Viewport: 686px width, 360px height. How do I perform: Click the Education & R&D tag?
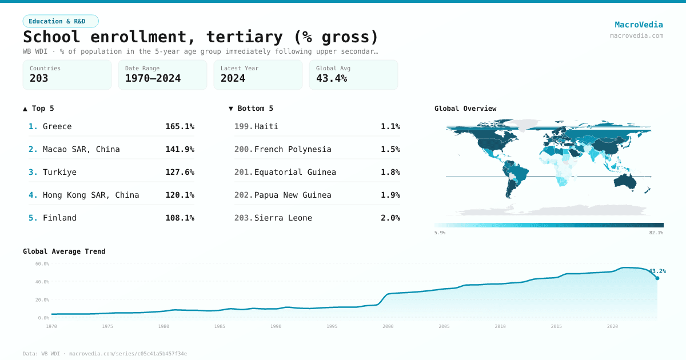pyautogui.click(x=61, y=21)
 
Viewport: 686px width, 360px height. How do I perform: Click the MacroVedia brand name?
pyautogui.click(x=639, y=25)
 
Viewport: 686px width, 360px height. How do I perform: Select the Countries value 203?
pyautogui.click(x=39, y=79)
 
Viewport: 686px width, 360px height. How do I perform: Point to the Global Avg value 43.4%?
pyautogui.click(x=332, y=79)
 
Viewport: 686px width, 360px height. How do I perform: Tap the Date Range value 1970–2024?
pyautogui.click(x=153, y=79)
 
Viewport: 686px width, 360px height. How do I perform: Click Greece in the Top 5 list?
pyautogui.click(x=57, y=126)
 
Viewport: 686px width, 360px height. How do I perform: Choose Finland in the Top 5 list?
pyautogui.click(x=59, y=218)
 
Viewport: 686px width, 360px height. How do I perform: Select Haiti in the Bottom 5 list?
pyautogui.click(x=266, y=126)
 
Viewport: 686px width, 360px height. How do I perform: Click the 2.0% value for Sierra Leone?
pyautogui.click(x=390, y=218)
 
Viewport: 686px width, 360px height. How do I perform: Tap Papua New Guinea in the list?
pyautogui.click(x=293, y=195)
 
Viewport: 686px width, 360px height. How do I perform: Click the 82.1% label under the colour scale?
pyautogui.click(x=656, y=233)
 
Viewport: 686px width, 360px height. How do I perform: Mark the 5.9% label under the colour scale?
pyautogui.click(x=440, y=233)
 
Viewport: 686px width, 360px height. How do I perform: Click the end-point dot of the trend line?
pyautogui.click(x=657, y=278)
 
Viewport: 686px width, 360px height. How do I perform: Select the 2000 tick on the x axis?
pyautogui.click(x=388, y=326)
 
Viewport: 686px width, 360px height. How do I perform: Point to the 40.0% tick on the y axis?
pyautogui.click(x=42, y=282)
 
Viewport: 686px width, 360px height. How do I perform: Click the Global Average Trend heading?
pyautogui.click(x=64, y=251)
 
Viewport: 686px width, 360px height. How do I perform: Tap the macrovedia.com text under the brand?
pyautogui.click(x=636, y=35)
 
